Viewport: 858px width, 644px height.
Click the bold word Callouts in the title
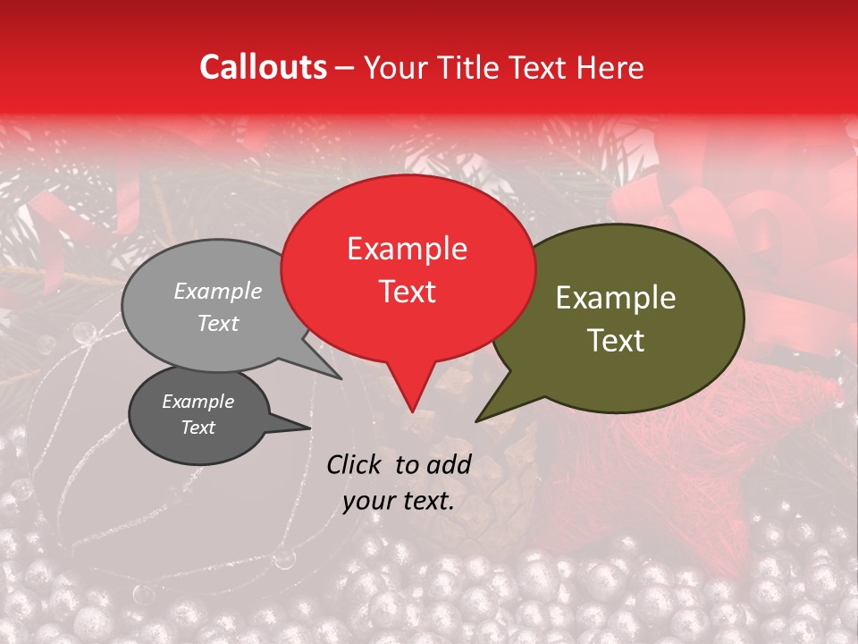point(263,67)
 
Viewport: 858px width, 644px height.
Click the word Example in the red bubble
point(407,249)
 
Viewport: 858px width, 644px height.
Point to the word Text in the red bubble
point(407,292)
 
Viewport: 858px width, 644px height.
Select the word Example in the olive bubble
point(616,298)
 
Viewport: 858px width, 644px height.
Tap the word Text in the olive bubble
point(616,341)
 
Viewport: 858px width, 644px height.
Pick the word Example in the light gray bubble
point(218,291)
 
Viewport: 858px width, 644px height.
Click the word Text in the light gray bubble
point(218,324)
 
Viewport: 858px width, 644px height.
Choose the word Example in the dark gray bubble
point(198,402)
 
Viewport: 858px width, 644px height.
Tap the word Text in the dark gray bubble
point(198,428)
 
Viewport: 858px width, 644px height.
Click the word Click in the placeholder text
point(356,464)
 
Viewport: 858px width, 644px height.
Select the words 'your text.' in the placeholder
point(399,502)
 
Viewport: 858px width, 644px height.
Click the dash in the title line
point(345,68)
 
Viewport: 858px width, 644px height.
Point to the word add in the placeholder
point(449,464)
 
